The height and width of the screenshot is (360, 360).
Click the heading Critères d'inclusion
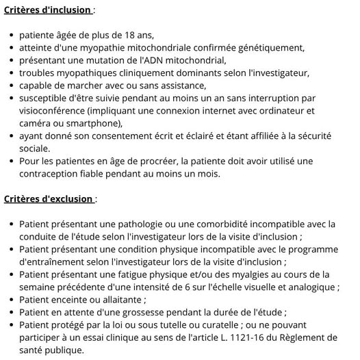tap(49, 10)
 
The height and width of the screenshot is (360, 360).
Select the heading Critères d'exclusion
tap(49, 198)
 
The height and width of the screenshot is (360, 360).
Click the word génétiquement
tap(269, 47)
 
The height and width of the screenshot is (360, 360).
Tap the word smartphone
tap(90, 123)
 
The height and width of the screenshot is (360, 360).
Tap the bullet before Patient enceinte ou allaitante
tap(11, 300)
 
